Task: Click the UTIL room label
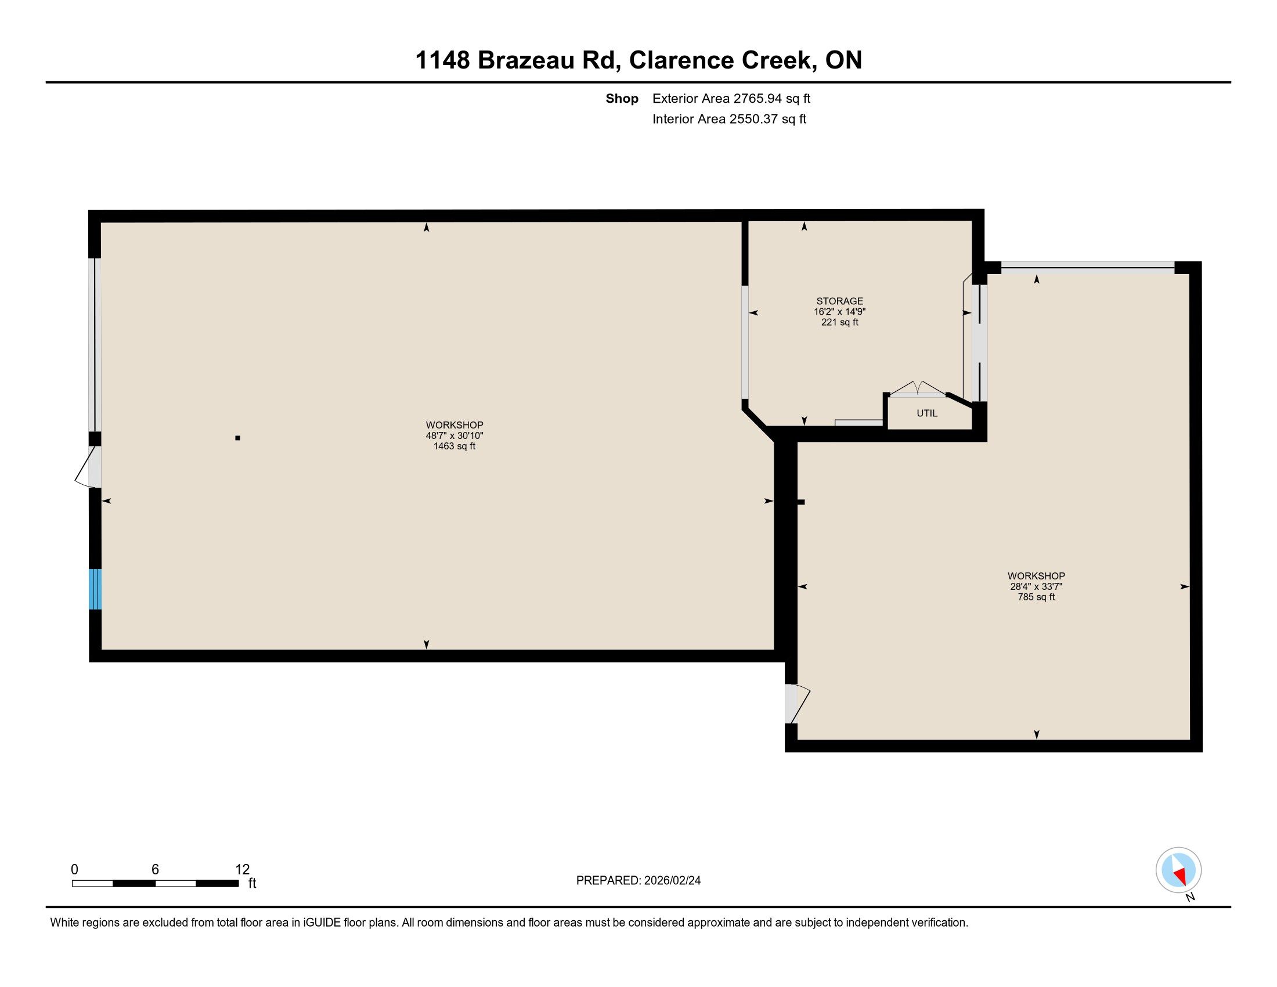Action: click(927, 413)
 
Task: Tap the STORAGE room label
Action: click(840, 301)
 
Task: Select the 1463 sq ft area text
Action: click(454, 446)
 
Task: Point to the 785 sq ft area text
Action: click(1036, 597)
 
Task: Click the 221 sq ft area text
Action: click(840, 322)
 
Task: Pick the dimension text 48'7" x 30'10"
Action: click(454, 435)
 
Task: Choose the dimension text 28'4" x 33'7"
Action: click(1036, 586)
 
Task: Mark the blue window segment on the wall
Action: click(95, 589)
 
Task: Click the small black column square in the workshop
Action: click(237, 438)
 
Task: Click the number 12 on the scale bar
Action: click(242, 870)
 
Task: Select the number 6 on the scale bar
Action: click(155, 870)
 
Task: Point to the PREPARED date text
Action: click(638, 881)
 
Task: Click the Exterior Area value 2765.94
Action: click(757, 98)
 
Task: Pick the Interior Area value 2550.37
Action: click(753, 118)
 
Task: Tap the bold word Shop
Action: click(622, 98)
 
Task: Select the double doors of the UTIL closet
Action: click(917, 388)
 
